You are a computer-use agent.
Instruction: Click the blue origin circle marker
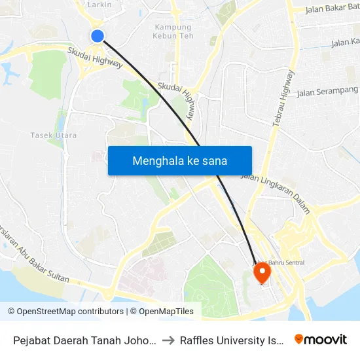coord(98,36)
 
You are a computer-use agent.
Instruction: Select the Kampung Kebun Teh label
coord(173,32)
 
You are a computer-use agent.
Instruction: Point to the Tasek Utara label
coord(54,135)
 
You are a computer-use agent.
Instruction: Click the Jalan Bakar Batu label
coord(332,9)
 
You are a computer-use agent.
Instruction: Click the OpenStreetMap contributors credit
coord(66,312)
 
